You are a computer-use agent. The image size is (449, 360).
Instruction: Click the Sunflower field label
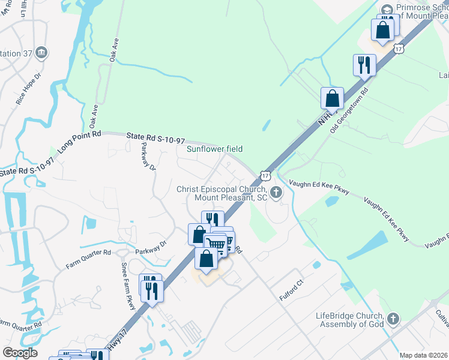click(214, 149)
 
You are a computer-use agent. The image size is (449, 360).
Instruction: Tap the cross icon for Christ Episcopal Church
click(276, 193)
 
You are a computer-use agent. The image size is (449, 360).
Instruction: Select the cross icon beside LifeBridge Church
click(393, 318)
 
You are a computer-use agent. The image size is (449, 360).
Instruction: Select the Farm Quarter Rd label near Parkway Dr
click(88, 259)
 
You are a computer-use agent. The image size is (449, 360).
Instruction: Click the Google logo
click(20, 353)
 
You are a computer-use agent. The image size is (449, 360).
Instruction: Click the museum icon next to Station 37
click(41, 52)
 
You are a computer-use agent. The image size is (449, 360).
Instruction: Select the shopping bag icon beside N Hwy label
click(332, 98)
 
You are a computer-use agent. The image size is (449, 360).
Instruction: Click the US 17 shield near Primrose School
click(399, 48)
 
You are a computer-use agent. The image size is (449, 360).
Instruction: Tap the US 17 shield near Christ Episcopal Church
click(265, 175)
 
